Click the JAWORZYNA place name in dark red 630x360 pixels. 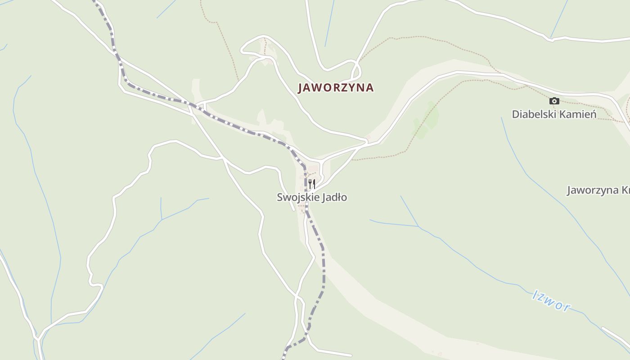[336, 88]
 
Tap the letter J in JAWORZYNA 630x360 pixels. [301, 88]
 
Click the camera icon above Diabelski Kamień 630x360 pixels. [554, 101]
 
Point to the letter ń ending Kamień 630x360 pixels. [593, 114]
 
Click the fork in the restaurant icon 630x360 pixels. [310, 184]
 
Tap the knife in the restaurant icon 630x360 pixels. [314, 184]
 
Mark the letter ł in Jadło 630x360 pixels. [339, 198]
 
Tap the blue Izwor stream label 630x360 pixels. [551, 301]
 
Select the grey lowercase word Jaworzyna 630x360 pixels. [592, 190]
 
